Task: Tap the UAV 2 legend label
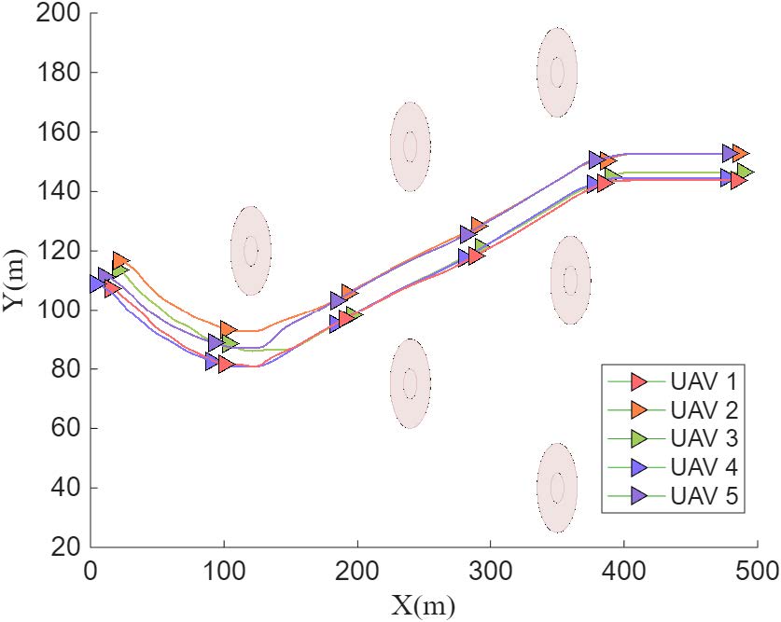(x=704, y=409)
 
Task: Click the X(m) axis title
(x=425, y=605)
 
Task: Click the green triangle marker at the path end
(x=745, y=172)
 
